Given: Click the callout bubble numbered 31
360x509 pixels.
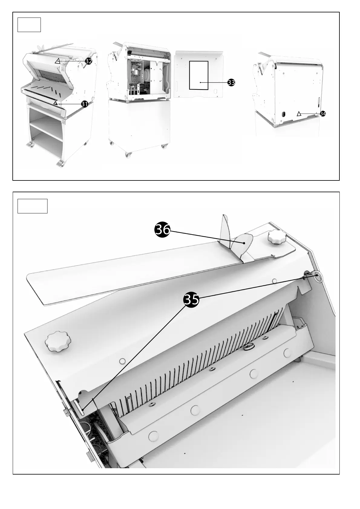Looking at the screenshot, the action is point(84,104).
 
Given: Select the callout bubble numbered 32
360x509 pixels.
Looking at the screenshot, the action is point(88,61).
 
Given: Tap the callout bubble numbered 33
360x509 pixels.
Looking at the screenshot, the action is point(231,83).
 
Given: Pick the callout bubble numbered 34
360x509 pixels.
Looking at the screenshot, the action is point(323,114).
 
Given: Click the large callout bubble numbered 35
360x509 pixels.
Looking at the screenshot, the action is point(191,299).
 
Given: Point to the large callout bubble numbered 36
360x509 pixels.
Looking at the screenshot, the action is point(162,230).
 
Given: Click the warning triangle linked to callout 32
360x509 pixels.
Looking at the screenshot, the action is point(57,61).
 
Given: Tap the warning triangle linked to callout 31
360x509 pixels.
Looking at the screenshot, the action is point(55,103).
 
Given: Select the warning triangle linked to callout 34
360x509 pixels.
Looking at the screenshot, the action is point(299,114).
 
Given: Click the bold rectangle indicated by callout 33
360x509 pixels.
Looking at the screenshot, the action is point(199,75).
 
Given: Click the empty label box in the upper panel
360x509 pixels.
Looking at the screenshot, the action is point(29,25).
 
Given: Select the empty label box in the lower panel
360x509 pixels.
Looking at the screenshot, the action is point(32,206).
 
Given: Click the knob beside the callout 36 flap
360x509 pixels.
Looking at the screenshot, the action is point(276,237).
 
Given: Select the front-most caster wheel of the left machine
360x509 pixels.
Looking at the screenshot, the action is point(60,164).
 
